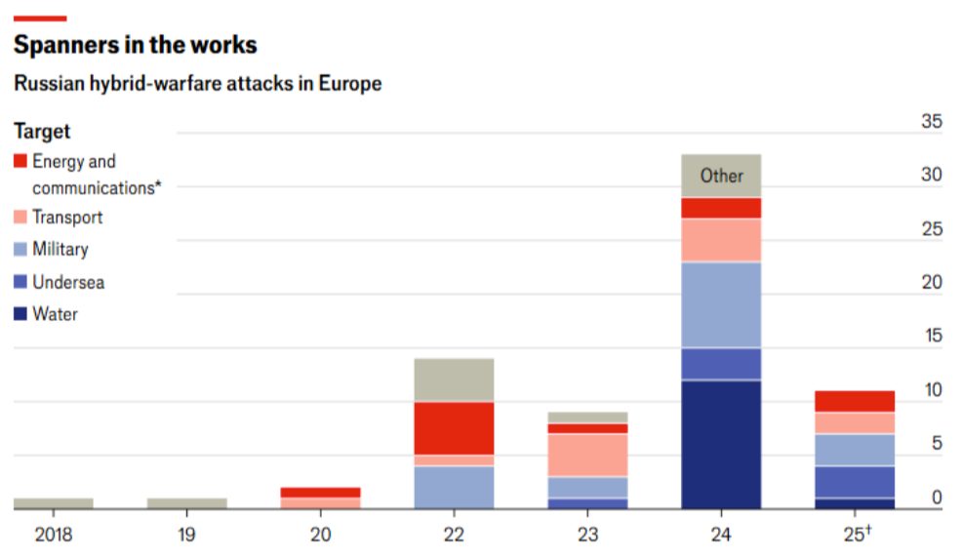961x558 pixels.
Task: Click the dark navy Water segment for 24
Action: (x=721, y=445)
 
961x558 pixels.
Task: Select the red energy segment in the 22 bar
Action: (x=454, y=428)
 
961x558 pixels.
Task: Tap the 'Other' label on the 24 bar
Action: (x=721, y=177)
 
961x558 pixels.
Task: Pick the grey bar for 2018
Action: (x=54, y=503)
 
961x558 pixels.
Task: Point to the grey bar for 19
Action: (x=187, y=503)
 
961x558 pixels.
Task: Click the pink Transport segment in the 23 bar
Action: (x=587, y=455)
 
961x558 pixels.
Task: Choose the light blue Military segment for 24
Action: (x=721, y=304)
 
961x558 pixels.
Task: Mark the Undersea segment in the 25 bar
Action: (x=855, y=482)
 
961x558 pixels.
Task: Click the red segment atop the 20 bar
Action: (x=321, y=493)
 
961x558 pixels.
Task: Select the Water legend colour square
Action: (x=20, y=314)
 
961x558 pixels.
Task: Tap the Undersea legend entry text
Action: (x=68, y=282)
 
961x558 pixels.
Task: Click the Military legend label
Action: (x=60, y=249)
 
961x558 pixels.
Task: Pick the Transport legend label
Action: (x=67, y=217)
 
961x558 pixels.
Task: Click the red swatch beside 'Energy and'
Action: (x=20, y=161)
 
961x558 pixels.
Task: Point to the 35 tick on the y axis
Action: (x=932, y=122)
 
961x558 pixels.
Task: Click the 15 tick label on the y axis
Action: (x=932, y=337)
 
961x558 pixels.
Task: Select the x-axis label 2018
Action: (x=54, y=535)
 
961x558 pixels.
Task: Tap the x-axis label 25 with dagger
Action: (x=856, y=535)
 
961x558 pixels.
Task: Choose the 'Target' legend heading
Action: (x=42, y=131)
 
